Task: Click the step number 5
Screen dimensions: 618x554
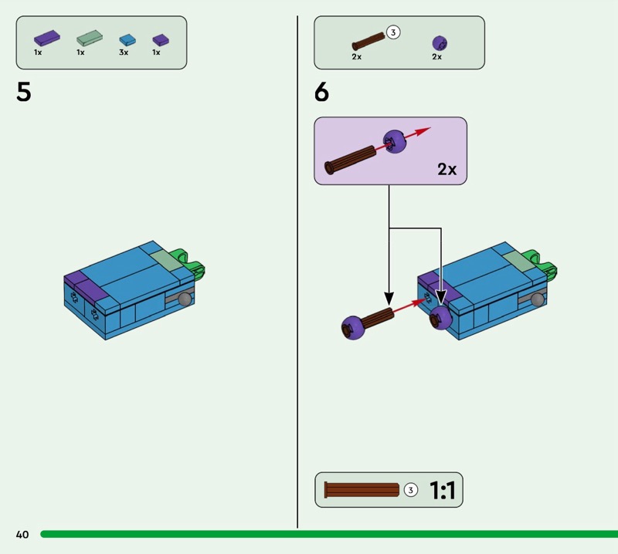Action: [x=24, y=92]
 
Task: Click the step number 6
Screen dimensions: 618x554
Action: [x=321, y=92]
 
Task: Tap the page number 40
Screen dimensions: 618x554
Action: [x=22, y=534]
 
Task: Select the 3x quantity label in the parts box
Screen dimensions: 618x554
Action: [x=124, y=52]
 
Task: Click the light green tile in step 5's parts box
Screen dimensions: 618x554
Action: [x=90, y=38]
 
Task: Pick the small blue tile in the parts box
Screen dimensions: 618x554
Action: [x=127, y=40]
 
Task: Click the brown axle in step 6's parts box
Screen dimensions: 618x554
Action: [x=368, y=42]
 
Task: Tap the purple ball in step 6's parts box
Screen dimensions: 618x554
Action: [x=440, y=43]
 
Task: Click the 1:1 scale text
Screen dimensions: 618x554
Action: [x=442, y=490]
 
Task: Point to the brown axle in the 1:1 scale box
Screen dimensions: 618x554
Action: [x=362, y=490]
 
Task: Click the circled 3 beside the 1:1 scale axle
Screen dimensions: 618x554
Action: [x=411, y=490]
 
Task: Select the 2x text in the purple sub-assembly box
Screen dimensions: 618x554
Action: [x=447, y=169]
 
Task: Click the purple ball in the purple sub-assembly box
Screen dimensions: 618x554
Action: [x=395, y=141]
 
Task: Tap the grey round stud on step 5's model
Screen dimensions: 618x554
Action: [x=185, y=299]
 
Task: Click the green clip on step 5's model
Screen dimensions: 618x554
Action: [x=191, y=264]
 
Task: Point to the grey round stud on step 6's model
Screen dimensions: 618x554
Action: [x=537, y=299]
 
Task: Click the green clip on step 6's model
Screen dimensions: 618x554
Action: [x=543, y=264]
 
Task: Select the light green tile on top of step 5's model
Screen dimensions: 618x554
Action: [x=165, y=259]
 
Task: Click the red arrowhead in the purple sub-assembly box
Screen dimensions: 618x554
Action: [x=423, y=130]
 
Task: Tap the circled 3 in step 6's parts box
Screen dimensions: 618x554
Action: [x=393, y=32]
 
